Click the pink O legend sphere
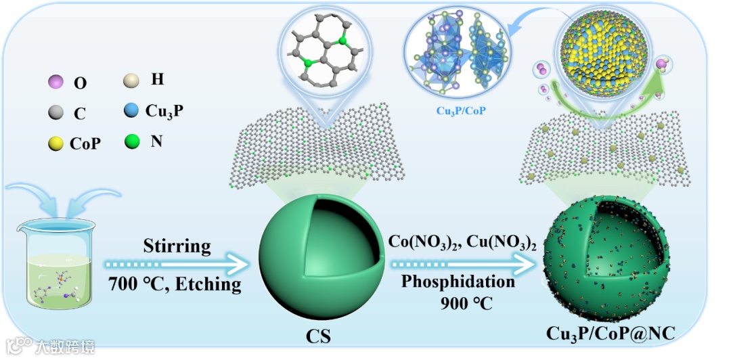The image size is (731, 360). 56,83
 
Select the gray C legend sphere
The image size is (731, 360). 57,113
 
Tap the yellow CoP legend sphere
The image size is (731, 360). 57,143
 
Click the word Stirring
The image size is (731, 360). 177,246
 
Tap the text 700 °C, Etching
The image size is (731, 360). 175,284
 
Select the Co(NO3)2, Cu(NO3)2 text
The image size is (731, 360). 462,241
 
